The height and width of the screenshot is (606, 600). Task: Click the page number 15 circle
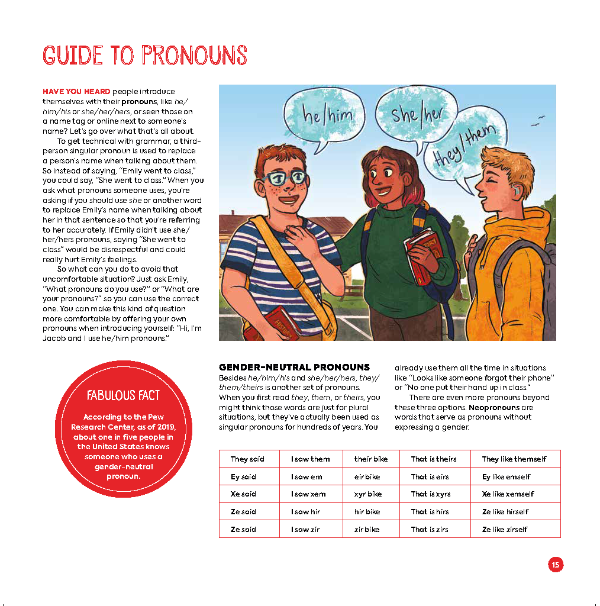coord(555,565)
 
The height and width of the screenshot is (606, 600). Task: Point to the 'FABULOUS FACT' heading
coord(123,395)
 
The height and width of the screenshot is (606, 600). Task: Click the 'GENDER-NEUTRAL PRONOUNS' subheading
coord(294,368)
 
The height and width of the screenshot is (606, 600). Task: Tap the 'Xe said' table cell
coord(243,494)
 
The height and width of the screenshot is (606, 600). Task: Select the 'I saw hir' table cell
coord(305,512)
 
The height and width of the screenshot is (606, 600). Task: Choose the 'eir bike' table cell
coord(367,477)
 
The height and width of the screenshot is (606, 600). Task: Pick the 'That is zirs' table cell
coord(430,530)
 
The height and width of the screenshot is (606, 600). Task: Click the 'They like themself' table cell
coord(514,459)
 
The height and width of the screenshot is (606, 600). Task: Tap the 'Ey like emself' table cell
coord(506,477)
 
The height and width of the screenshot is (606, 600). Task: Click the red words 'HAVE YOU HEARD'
coord(76,92)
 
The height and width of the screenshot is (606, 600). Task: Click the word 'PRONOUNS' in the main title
coord(194,56)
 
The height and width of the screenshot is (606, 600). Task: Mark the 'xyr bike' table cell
coord(368,494)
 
